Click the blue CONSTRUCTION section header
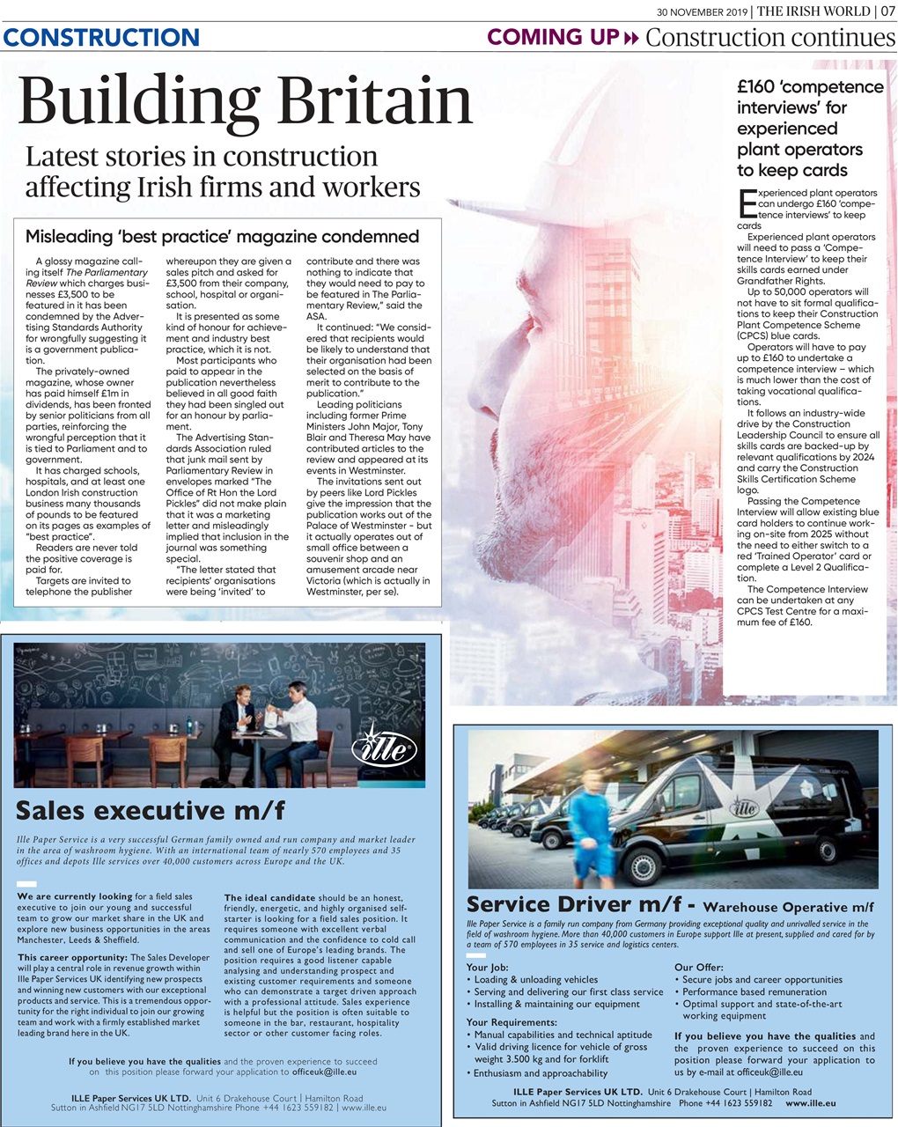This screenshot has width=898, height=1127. (x=101, y=37)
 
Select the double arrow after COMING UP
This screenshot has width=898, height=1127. (x=629, y=38)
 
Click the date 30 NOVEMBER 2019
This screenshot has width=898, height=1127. (x=702, y=11)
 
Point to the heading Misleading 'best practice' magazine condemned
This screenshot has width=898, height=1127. (x=222, y=236)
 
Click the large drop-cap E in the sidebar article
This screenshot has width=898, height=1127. (x=746, y=202)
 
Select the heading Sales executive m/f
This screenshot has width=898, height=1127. (x=151, y=809)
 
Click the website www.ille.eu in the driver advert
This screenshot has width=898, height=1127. (x=810, y=1102)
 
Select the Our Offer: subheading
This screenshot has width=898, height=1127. (x=698, y=967)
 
